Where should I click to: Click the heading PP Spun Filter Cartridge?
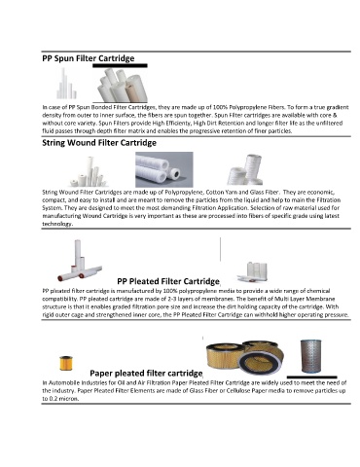(89, 58)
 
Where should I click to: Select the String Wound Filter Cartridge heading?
(99, 143)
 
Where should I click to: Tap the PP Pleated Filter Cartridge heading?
(168, 281)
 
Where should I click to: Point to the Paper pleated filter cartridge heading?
(146, 374)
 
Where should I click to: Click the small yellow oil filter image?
(66, 363)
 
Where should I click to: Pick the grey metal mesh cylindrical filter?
(310, 356)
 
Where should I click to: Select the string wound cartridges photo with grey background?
(164, 169)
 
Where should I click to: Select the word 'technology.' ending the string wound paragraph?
(57, 224)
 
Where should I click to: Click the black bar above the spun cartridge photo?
(120, 65)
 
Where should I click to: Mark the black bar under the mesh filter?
(312, 377)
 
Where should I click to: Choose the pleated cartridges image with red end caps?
(80, 261)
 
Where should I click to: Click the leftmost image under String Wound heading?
(89, 171)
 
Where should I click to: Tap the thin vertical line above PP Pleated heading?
(220, 249)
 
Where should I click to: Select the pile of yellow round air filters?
(245, 357)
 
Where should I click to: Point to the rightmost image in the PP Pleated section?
(253, 271)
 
